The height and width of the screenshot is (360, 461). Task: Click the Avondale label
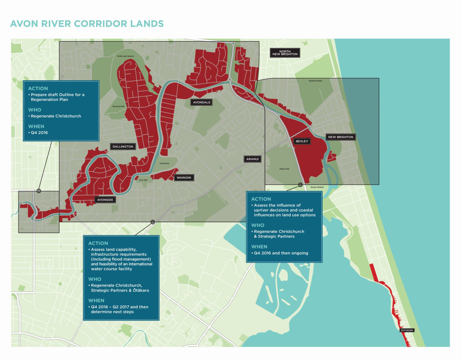coord(202,102)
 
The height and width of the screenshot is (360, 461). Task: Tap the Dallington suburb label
coord(122,147)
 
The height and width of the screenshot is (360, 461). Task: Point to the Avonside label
coord(104,200)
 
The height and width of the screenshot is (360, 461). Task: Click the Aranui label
coord(252,159)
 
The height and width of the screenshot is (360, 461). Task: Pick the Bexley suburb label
coord(302,141)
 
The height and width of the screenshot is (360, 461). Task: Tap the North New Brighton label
coord(285,52)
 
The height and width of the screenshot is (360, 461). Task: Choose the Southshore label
coord(407,330)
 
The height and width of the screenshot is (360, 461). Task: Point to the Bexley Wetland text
coord(317,187)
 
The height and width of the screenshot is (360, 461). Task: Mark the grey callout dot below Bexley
coord(301,185)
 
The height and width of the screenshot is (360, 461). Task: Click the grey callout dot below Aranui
coord(153,222)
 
